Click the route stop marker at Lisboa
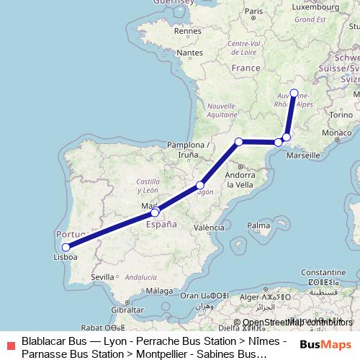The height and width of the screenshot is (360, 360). coord(66,248)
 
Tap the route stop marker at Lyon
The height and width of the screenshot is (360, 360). coord(294,93)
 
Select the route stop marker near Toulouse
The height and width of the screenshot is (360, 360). coord(239,141)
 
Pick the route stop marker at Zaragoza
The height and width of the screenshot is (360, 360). coord(201,185)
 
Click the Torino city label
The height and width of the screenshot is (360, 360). coord(341,114)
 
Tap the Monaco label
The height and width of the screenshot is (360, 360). coord(336,133)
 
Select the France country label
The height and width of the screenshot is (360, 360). coord(246,68)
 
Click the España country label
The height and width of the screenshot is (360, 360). coord(161,224)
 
